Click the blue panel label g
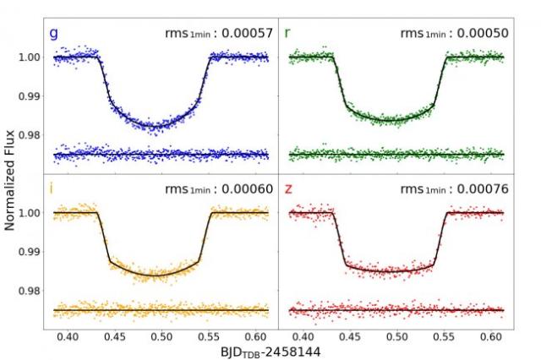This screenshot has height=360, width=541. click(54, 33)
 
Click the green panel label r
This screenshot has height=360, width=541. click(288, 33)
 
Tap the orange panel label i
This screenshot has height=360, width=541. click(52, 188)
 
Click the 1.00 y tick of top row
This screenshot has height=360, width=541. click(30, 57)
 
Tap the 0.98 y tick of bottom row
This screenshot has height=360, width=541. click(30, 291)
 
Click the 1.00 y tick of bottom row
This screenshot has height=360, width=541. click(30, 213)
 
